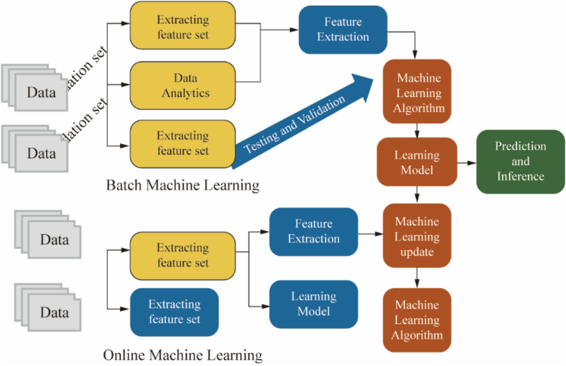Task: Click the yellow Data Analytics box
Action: [183, 85]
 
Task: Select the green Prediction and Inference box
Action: [520, 161]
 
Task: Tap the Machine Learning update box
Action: [417, 236]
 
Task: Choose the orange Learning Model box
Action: [417, 162]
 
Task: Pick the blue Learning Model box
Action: [313, 304]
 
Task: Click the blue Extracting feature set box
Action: [174, 312]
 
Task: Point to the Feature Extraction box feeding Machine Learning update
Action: [313, 232]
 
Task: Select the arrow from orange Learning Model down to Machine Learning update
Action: [417, 195]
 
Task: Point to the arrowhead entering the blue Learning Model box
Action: [265, 306]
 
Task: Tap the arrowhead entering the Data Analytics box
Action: [125, 85]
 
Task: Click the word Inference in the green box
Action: [520, 176]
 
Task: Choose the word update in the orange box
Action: [417, 252]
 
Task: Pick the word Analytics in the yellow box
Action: [186, 93]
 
